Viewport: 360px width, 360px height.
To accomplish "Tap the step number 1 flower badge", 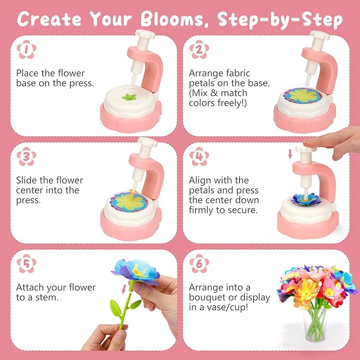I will coord(27,50).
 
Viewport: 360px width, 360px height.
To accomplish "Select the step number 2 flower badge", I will coord(199,50).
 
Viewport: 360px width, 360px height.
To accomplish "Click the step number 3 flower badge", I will coord(27,157).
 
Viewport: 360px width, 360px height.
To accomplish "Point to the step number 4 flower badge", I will coord(199,156).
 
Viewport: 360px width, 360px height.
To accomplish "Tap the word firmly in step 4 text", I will coord(203,210).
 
